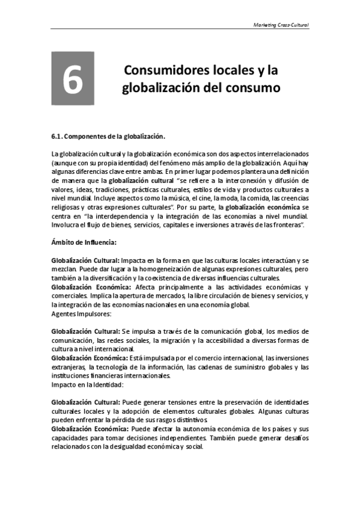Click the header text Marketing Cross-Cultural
282,25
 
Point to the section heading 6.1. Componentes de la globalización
108,136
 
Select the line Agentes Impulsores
81,313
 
